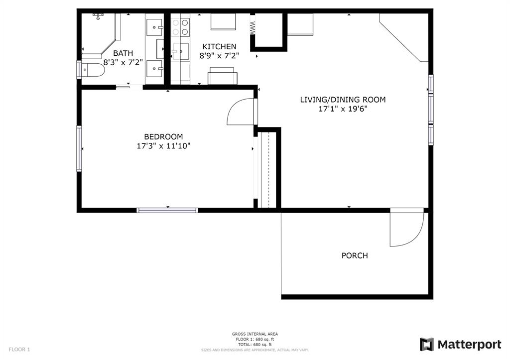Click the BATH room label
click(x=123, y=53)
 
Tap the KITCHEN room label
click(x=219, y=46)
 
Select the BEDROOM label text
click(x=163, y=136)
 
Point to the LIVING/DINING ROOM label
click(x=343, y=100)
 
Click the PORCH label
click(x=355, y=255)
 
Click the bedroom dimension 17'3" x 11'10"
click(x=163, y=146)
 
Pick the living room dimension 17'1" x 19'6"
click(x=343, y=109)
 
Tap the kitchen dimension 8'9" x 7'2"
click(x=219, y=56)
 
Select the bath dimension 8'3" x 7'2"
click(x=123, y=62)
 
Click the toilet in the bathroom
click(x=92, y=70)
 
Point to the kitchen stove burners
click(x=180, y=27)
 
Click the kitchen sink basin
click(x=180, y=51)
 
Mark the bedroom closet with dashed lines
click(x=267, y=169)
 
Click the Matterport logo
click(x=461, y=345)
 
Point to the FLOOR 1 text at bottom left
click(x=19, y=350)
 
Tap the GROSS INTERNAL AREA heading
click(x=255, y=334)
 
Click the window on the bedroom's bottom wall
click(x=167, y=211)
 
